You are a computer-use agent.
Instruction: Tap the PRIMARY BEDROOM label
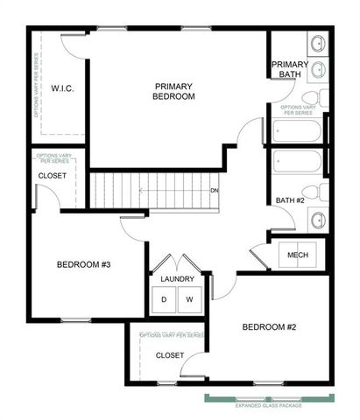[173, 91]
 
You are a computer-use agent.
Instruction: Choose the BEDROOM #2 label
[270, 327]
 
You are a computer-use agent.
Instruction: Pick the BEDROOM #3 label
[84, 264]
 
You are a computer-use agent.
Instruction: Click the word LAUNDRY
[178, 280]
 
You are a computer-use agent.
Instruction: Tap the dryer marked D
[165, 300]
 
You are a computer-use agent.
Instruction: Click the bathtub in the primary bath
[297, 131]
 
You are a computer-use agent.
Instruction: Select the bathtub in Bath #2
[297, 164]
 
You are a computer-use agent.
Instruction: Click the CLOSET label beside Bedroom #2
[169, 355]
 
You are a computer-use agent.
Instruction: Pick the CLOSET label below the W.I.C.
[52, 176]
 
